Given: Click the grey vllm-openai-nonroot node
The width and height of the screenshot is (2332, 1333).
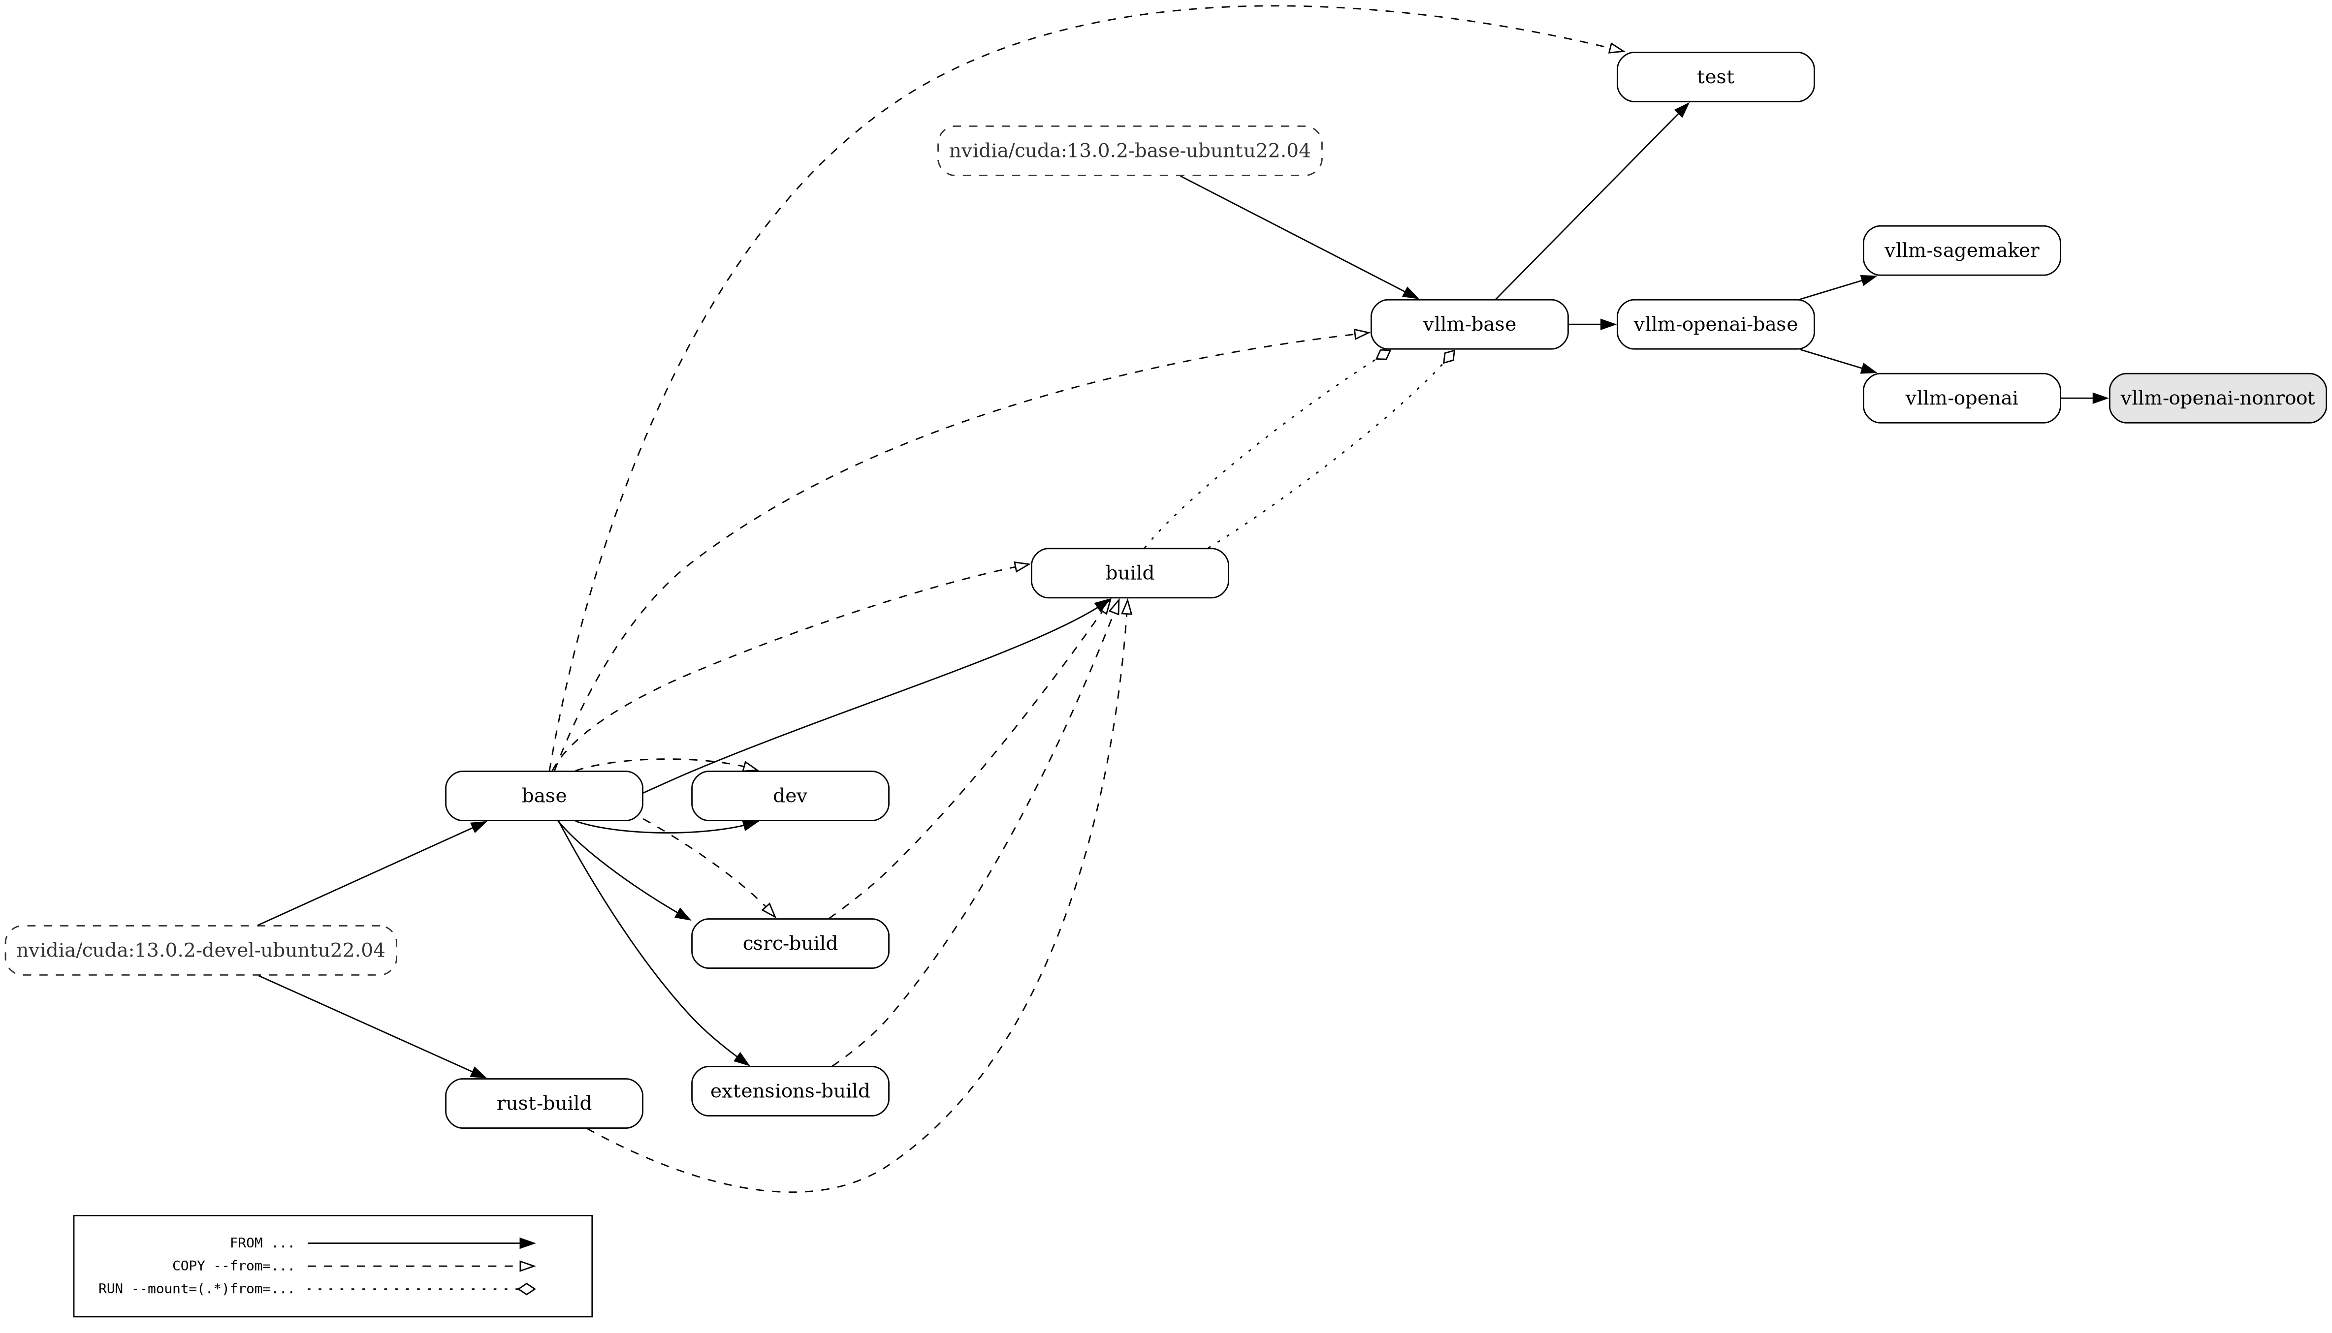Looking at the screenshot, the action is coord(2217,398).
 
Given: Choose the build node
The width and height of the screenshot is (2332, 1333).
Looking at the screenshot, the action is coord(1129,573).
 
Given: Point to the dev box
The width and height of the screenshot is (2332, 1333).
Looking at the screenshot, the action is coord(790,796).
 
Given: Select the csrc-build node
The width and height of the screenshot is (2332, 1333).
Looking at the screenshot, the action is coord(790,943).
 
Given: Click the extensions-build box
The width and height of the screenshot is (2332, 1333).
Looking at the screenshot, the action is coord(790,1091).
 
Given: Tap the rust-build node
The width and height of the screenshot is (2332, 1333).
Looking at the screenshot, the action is coord(544,1103).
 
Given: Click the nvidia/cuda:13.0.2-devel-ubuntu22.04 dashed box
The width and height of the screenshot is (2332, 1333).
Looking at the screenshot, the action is coord(200,950).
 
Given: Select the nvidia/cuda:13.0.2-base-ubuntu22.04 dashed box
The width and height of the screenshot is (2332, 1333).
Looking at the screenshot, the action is coord(1129,151).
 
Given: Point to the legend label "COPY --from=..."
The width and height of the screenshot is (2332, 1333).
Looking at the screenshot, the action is coord(233,1266).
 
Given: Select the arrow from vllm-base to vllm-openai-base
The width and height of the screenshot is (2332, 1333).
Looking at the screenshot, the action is coord(1592,324).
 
